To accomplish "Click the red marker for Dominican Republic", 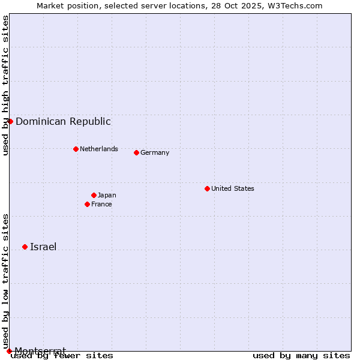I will tap(10, 121).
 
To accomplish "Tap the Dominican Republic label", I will tap(63, 121).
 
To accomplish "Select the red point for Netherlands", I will tap(76, 149).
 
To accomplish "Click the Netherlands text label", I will tap(98, 149).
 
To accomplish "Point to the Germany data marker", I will tap(136, 152).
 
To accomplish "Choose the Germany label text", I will tap(154, 152).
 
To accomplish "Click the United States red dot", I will tap(207, 188).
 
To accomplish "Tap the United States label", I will tap(232, 188).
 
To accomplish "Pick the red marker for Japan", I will tap(94, 195).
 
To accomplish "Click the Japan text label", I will tap(107, 195).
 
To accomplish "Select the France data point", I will tap(87, 204).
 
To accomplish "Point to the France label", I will tap(101, 204).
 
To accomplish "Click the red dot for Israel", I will tap(25, 247).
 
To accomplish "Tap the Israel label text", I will tap(43, 247).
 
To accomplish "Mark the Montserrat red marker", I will tap(9, 350).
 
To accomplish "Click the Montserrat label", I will tap(40, 350).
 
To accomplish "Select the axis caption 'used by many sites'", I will tap(301, 356).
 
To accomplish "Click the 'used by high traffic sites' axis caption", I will tap(6, 85).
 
